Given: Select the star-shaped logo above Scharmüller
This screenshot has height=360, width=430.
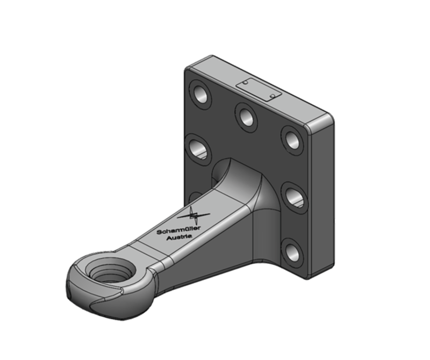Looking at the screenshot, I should pyautogui.click(x=194, y=217).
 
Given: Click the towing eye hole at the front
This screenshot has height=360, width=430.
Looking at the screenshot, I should pyautogui.click(x=110, y=272).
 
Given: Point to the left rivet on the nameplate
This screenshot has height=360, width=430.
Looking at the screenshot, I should pyautogui.click(x=245, y=83).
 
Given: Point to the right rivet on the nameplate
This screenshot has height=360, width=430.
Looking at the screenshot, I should pyautogui.click(x=273, y=96).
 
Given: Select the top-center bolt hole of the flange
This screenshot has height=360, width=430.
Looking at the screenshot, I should pyautogui.click(x=247, y=116).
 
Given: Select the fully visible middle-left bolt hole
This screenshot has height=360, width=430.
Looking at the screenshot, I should pyautogui.click(x=199, y=149).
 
